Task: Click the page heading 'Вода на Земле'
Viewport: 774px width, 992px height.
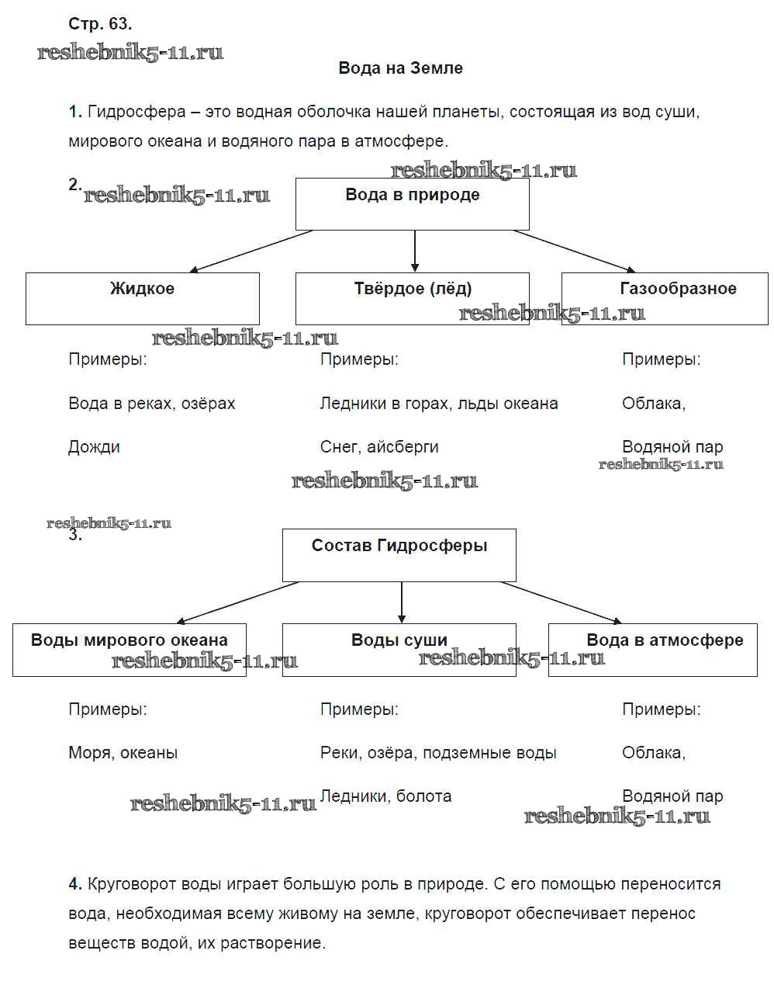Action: click(x=400, y=68)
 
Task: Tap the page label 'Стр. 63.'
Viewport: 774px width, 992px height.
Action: click(x=100, y=24)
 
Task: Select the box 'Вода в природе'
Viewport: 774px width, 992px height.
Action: click(x=412, y=203)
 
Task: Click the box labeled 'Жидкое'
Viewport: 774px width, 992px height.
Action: click(x=142, y=298)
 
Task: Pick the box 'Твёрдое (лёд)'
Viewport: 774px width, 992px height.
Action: click(x=412, y=298)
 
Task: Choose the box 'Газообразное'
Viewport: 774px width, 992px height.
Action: click(x=665, y=298)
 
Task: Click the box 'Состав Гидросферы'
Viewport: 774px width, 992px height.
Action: click(x=399, y=554)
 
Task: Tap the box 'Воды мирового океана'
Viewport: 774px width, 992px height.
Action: click(x=130, y=649)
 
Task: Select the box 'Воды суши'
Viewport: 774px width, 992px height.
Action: click(x=399, y=649)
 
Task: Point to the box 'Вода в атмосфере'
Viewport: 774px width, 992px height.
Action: click(x=652, y=649)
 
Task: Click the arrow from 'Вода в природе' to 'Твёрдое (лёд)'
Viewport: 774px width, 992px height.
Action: click(x=415, y=251)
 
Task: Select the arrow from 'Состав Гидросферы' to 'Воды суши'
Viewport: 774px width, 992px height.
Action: click(x=402, y=602)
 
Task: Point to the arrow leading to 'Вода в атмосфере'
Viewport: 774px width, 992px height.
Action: click(x=561, y=602)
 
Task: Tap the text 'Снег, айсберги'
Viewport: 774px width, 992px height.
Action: click(x=379, y=447)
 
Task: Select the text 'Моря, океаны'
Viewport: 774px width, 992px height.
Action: click(x=123, y=753)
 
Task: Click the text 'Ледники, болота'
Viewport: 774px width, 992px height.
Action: click(x=385, y=796)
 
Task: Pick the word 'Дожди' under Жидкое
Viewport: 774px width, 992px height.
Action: click(x=94, y=447)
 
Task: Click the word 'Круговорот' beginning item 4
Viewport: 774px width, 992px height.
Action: click(x=132, y=884)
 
